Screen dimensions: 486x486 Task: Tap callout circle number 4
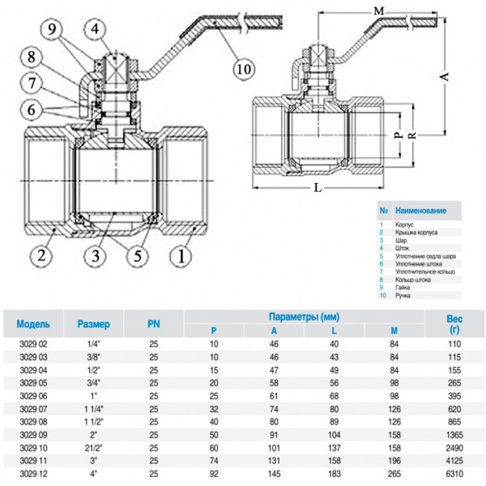(x=97, y=31)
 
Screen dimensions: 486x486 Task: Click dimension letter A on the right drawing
(x=443, y=75)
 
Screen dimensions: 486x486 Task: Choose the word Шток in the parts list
(x=402, y=249)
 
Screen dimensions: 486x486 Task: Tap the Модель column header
(x=33, y=324)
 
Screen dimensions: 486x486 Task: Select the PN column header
(x=153, y=324)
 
